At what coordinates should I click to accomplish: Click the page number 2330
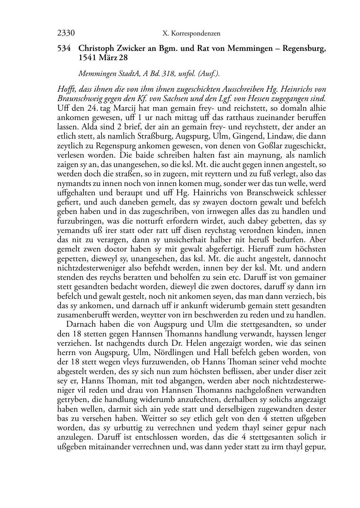[66, 33]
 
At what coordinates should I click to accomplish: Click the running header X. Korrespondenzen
[191, 34]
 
